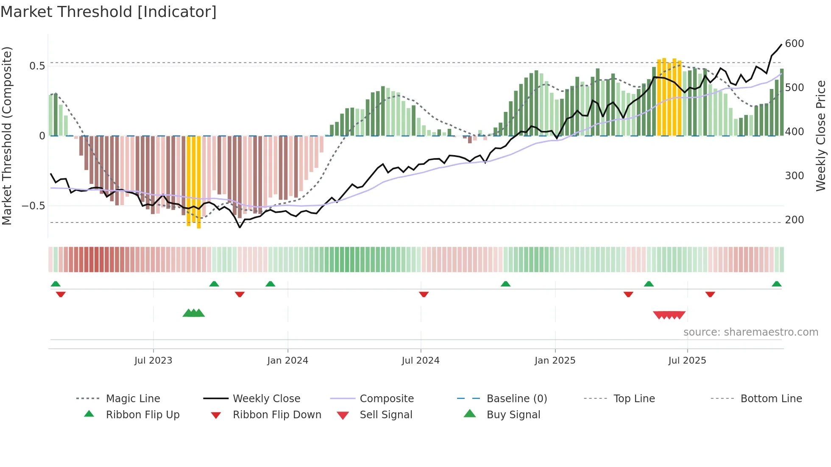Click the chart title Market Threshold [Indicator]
pos(109,12)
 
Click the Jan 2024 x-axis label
pos(287,361)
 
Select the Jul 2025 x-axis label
pos(687,361)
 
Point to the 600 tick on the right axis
pos(794,44)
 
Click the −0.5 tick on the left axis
pos(33,206)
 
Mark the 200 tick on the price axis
pos(794,220)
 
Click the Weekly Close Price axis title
pos(821,136)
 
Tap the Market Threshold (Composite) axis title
pos(7,136)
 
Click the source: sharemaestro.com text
pos(750,332)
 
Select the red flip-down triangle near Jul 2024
pos(424,294)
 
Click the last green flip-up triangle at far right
pos(776,284)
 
